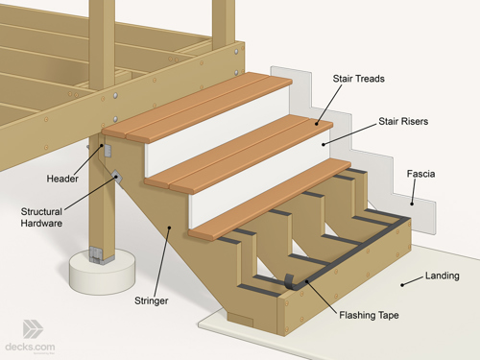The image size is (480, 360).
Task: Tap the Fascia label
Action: click(420, 174)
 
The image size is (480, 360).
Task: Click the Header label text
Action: click(61, 179)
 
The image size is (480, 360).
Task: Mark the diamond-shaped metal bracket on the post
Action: click(116, 177)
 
